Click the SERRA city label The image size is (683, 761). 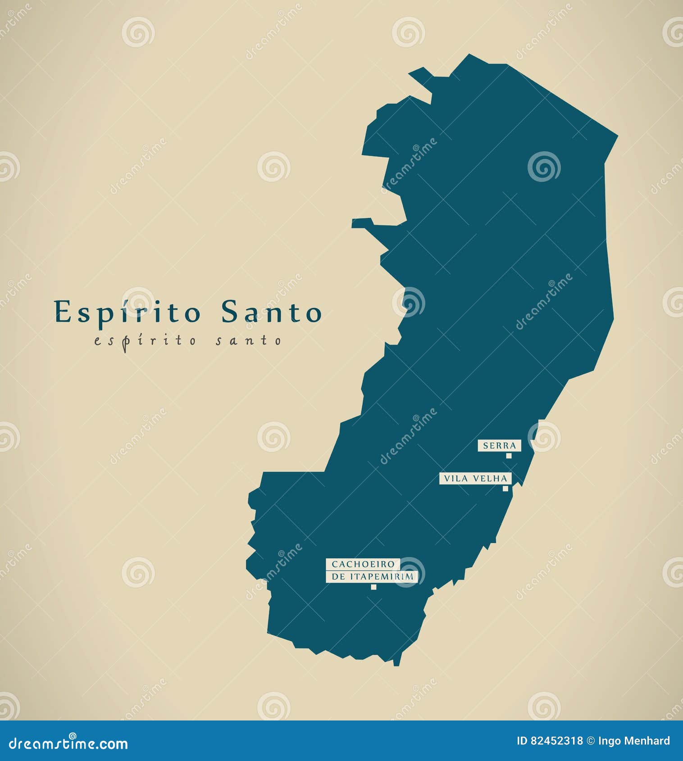(x=499, y=446)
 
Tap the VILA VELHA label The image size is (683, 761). (x=475, y=478)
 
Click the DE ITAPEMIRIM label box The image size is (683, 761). (x=372, y=576)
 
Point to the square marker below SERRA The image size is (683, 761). (x=509, y=456)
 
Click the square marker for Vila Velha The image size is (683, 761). (x=505, y=489)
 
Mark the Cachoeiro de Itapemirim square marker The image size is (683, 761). (x=373, y=587)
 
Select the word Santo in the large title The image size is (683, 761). (x=271, y=312)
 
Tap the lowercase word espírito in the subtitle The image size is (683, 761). (x=146, y=341)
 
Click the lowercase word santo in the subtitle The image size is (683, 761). (x=248, y=341)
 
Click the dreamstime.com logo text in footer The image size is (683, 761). (x=68, y=744)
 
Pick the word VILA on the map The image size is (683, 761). (x=455, y=478)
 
